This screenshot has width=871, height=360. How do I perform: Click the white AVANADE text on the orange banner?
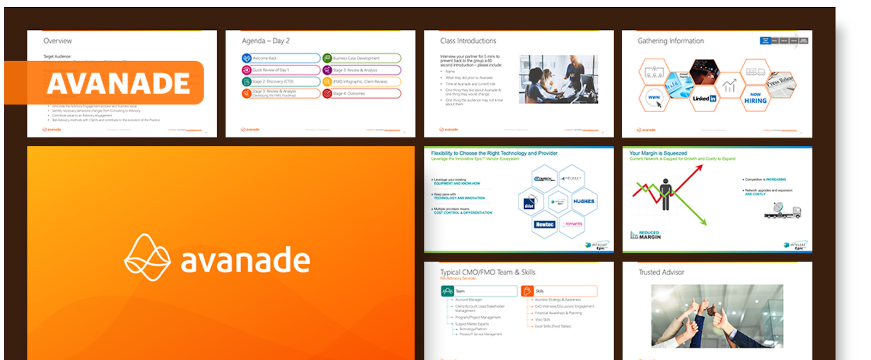point(118,83)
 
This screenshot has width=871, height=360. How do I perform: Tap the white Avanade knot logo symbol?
point(147,258)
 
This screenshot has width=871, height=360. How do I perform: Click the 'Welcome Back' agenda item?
point(281,58)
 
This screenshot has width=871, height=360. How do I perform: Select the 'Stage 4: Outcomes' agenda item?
point(361,94)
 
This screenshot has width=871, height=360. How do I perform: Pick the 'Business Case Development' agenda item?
point(361,58)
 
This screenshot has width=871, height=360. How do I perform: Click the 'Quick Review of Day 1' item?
point(281,70)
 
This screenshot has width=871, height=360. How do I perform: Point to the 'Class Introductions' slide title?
point(468,41)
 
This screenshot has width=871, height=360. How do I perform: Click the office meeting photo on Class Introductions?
point(558,79)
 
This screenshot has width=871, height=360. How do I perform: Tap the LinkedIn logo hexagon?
point(704,99)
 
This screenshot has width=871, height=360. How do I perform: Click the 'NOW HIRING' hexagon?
point(755,98)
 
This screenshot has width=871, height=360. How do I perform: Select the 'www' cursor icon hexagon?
point(654,99)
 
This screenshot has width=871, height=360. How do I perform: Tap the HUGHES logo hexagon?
point(584,202)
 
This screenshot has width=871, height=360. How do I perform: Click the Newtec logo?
point(544,224)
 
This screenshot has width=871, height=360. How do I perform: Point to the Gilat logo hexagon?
point(530,202)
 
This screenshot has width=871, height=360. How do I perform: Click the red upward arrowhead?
point(699,168)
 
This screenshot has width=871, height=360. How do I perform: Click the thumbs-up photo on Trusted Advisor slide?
point(717,316)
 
